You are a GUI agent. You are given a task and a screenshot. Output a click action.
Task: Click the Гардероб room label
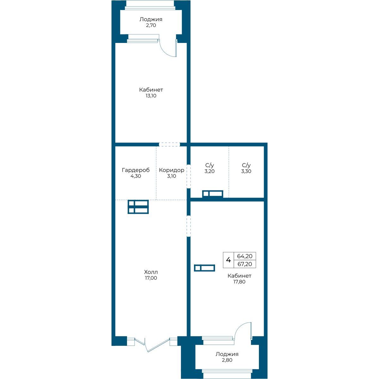[136, 170]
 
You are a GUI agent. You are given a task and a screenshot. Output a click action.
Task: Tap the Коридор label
[171, 170]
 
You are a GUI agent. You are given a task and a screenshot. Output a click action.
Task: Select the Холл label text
[151, 272]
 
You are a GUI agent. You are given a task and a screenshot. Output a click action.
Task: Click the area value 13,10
[151, 96]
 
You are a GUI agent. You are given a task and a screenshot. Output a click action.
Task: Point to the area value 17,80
[239, 282]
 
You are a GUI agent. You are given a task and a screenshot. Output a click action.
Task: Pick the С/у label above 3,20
[209, 165]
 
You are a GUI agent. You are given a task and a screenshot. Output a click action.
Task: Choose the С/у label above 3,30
[246, 165]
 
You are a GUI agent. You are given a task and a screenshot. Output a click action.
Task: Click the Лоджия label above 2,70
[151, 19]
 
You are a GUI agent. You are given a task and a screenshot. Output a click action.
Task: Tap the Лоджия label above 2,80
[227, 354]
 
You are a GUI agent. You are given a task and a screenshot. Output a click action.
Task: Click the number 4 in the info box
[228, 260]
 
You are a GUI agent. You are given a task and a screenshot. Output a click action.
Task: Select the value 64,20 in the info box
[245, 256]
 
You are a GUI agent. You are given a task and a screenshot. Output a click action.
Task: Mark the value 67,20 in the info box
[245, 264]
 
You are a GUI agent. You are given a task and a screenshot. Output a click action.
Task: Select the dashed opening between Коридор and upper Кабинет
[169, 144]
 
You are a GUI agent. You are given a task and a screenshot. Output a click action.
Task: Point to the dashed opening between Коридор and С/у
[189, 177]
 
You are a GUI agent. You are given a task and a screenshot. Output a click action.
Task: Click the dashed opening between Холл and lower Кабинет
[189, 226]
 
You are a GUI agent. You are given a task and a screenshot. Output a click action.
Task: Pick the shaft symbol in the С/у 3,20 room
[213, 194]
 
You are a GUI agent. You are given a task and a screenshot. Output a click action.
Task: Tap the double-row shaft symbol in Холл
[138, 207]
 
